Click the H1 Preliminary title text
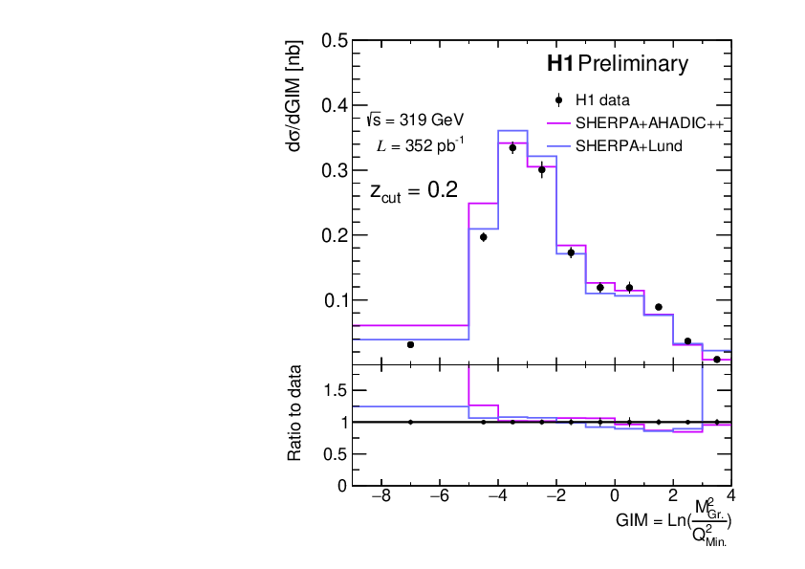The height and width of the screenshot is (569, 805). pyautogui.click(x=616, y=65)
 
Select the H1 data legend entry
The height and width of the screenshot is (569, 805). pyautogui.click(x=601, y=99)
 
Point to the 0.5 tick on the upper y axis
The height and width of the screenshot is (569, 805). pyautogui.click(x=334, y=41)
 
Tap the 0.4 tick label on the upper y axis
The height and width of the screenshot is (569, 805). pyautogui.click(x=334, y=106)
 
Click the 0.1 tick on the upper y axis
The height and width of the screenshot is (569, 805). pyautogui.click(x=334, y=300)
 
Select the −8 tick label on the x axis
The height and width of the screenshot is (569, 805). pyautogui.click(x=380, y=497)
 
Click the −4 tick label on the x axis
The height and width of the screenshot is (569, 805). pyautogui.click(x=496, y=497)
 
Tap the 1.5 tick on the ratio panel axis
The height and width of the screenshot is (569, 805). pyautogui.click(x=334, y=390)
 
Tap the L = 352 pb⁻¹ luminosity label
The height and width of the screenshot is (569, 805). pyautogui.click(x=421, y=145)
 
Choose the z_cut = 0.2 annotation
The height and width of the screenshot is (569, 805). pyautogui.click(x=413, y=191)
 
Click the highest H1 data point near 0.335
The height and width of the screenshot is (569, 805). pyautogui.click(x=512, y=147)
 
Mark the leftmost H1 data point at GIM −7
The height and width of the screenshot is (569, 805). pyautogui.click(x=410, y=344)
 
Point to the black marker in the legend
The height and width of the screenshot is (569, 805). pyautogui.click(x=558, y=99)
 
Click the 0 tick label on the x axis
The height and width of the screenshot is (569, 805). pyautogui.click(x=614, y=497)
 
